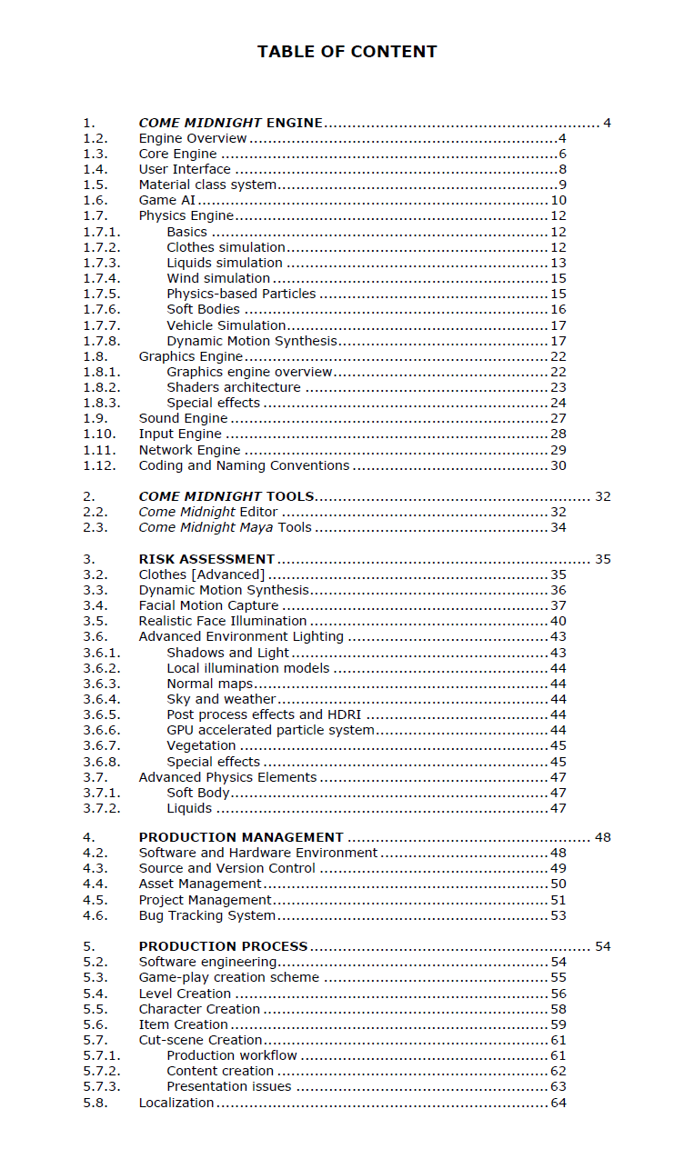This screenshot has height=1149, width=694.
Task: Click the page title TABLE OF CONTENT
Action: (347, 52)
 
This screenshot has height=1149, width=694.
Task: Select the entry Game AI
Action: (166, 200)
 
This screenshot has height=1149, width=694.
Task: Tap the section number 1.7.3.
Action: (101, 263)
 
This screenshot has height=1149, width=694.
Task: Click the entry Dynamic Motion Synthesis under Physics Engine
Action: (251, 341)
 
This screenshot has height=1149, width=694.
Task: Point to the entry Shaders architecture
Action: (233, 387)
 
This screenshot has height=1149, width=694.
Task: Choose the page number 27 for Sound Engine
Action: (558, 418)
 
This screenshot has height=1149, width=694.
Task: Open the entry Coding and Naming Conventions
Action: (244, 465)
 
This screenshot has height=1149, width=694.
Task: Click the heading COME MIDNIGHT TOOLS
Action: (226, 496)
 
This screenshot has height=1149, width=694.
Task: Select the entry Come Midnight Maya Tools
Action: (225, 527)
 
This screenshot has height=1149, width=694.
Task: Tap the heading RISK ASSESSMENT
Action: (206, 559)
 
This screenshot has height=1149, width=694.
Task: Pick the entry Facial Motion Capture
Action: (208, 605)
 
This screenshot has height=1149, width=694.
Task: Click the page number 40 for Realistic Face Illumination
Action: (558, 621)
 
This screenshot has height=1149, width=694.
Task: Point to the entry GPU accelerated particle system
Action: (270, 730)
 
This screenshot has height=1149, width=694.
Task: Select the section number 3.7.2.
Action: (101, 808)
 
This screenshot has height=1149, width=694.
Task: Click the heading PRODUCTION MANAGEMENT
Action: (241, 837)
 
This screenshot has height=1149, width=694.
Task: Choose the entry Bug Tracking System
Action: (206, 915)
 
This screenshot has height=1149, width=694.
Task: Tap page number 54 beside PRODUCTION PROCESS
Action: (602, 946)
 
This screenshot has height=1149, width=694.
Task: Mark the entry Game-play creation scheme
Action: (228, 977)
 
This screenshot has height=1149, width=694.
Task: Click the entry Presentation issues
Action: (228, 1086)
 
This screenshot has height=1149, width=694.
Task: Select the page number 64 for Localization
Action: (558, 1103)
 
